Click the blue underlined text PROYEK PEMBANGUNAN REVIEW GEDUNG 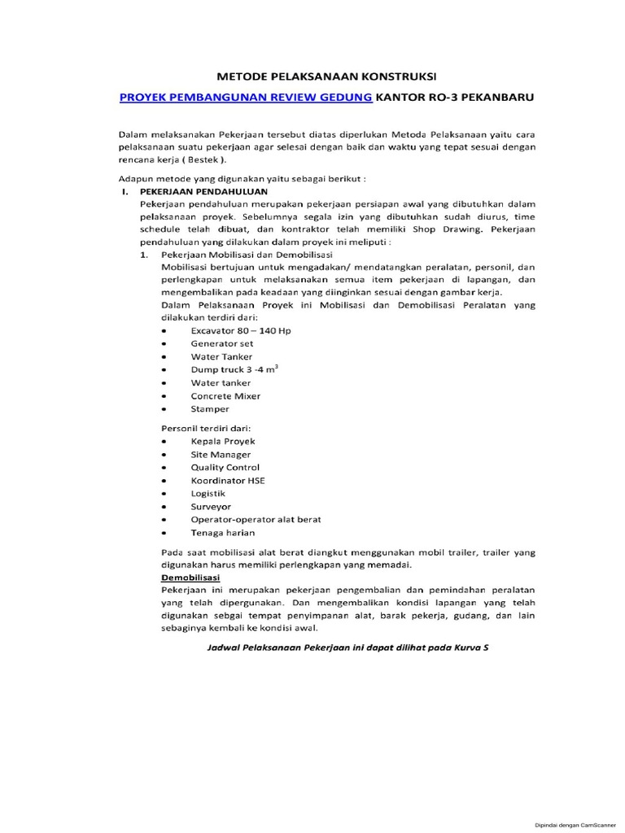point(246,98)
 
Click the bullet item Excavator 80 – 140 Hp point(232,330)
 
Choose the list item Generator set point(217,343)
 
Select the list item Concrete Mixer point(225,395)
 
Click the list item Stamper point(210,408)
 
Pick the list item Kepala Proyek point(222,441)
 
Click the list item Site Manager point(221,454)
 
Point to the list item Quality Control point(225,467)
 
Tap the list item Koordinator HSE point(227,480)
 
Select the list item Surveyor point(211,506)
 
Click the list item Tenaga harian point(222,532)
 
